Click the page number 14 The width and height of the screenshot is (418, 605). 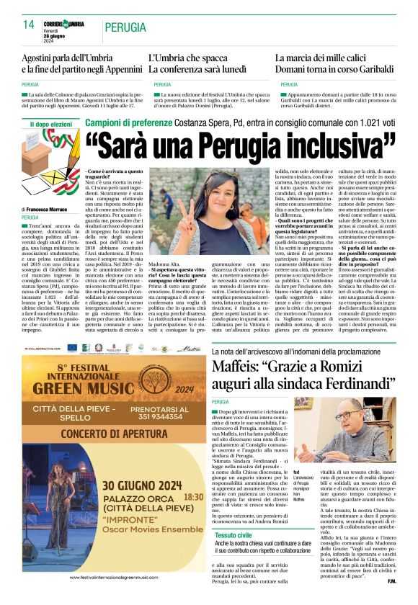(x=29, y=24)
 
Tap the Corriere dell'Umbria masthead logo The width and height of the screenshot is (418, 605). (x=63, y=24)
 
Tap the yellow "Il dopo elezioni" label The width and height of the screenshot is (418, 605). (x=52, y=124)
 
